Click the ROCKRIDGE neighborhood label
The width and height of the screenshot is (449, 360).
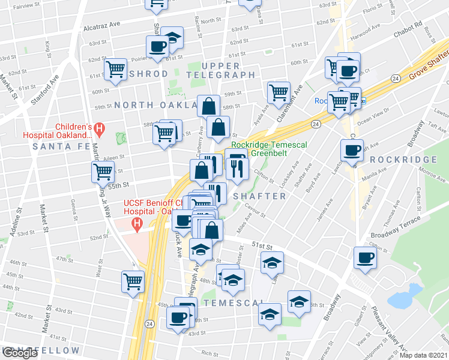[403, 160]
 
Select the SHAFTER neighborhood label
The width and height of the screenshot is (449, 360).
[259, 196]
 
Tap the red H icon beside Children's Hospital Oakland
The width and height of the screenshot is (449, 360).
[100, 128]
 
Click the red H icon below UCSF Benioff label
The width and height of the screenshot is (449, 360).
[137, 226]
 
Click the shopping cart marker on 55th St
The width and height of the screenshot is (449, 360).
[103, 173]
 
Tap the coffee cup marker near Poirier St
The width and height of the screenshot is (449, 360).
[158, 47]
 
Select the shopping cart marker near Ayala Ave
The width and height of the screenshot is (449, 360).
[279, 93]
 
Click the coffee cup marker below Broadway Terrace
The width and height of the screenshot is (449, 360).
[364, 259]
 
